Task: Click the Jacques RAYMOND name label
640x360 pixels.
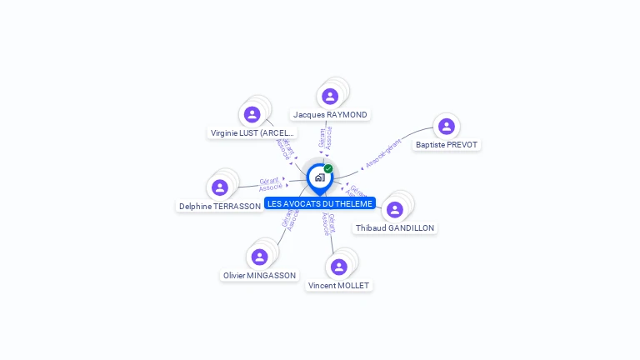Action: coord(330,114)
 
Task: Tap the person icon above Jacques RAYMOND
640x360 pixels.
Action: coord(330,96)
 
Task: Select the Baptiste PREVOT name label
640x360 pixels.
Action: coord(447,144)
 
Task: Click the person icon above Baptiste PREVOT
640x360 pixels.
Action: coord(447,126)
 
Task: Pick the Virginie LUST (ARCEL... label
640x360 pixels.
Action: coord(252,132)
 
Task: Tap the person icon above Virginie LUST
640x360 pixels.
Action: coord(252,114)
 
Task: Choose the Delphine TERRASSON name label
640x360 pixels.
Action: coord(220,206)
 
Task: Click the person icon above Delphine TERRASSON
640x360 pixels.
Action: coord(220,187)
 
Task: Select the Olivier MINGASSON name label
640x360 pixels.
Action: coord(259,275)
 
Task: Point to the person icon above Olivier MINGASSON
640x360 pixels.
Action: coord(259,257)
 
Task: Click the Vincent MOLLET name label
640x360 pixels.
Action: coord(338,285)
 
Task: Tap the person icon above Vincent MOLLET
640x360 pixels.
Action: coord(338,267)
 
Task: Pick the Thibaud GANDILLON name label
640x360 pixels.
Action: coord(395,227)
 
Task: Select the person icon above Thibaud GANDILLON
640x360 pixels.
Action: coord(395,209)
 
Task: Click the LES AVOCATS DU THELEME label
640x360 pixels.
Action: coord(320,203)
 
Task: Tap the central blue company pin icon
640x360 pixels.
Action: coord(319,177)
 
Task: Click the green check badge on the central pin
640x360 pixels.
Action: coord(328,168)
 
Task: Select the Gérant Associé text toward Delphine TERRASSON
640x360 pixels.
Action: coord(269,184)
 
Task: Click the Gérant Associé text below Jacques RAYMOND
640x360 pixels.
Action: coord(325,137)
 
